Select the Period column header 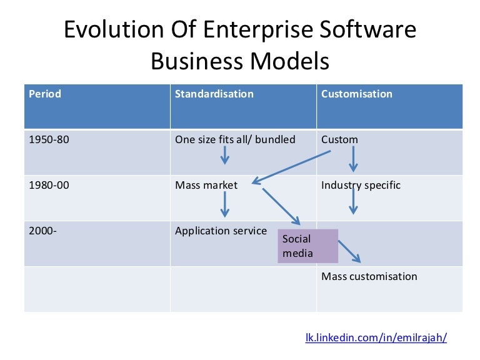[45, 94]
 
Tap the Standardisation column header [214, 94]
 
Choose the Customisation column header [356, 94]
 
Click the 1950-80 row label [49, 139]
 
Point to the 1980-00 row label [49, 185]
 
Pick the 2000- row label [42, 231]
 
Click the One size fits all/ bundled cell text [235, 139]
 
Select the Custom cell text [339, 139]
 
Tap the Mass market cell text [206, 185]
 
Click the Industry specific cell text [361, 185]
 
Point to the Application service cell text [221, 231]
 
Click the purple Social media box [307, 246]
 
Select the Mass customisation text [369, 276]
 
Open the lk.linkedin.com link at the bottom [376, 337]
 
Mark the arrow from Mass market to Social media [281, 206]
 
